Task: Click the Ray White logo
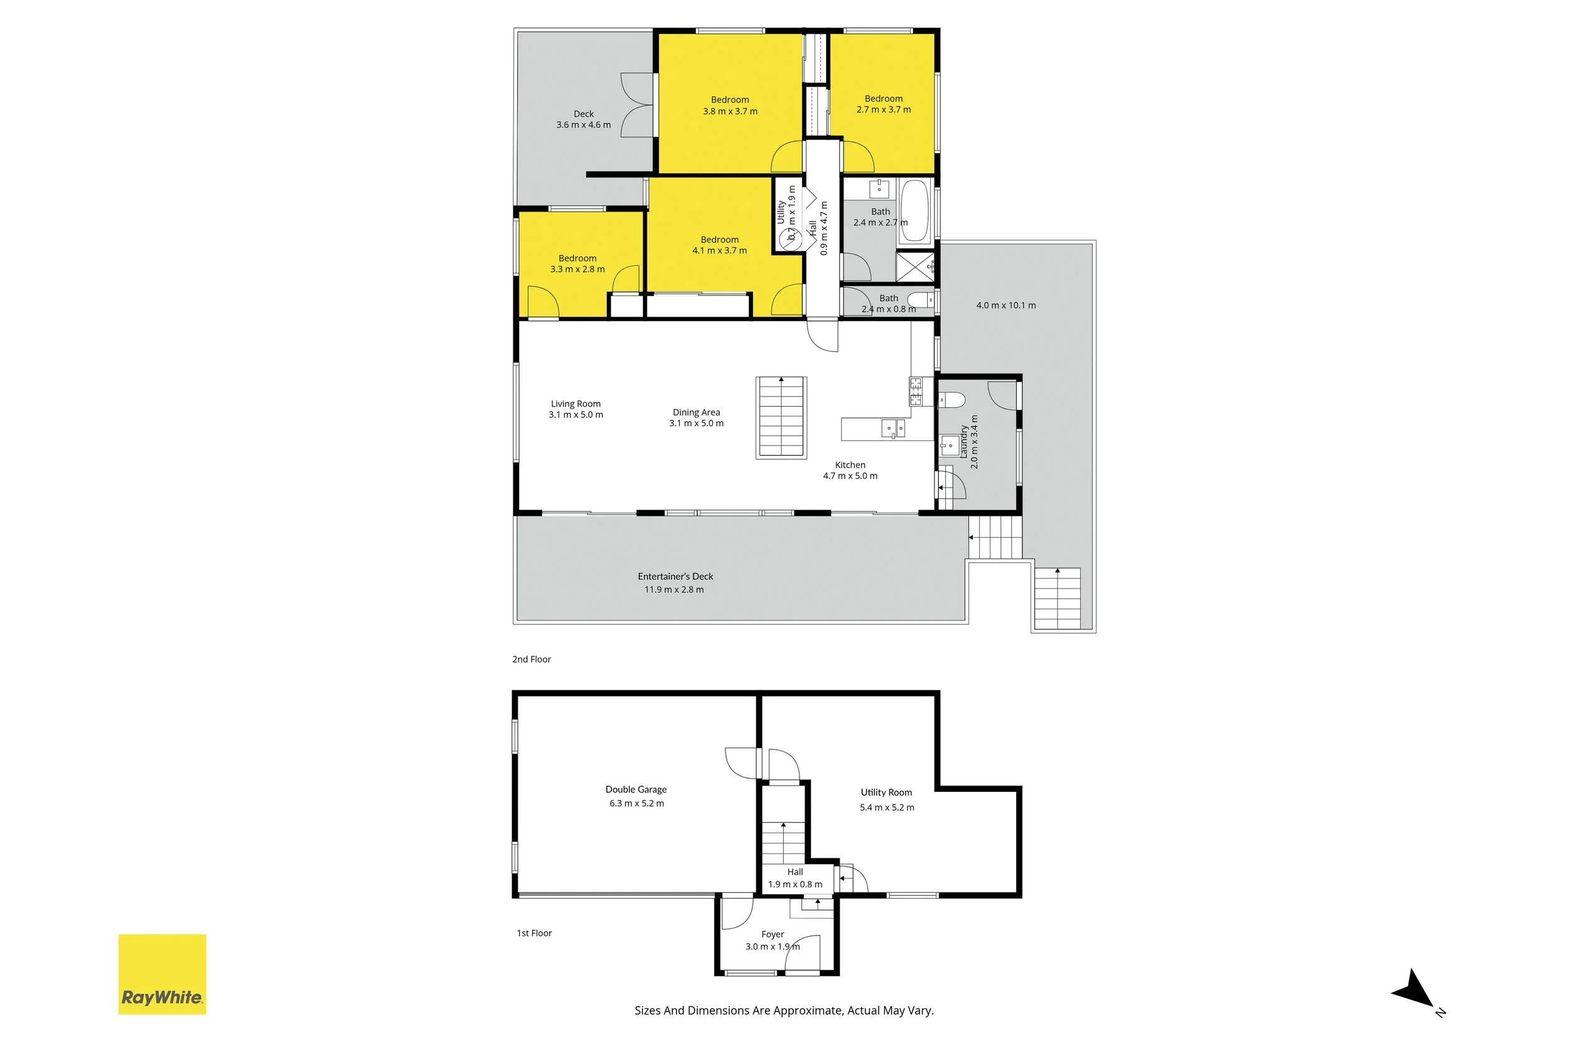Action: pyautogui.click(x=162, y=974)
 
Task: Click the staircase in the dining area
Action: pyautogui.click(x=781, y=419)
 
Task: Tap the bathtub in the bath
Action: pyautogui.click(x=914, y=210)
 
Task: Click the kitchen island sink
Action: pyautogui.click(x=893, y=429)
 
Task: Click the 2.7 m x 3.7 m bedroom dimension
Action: pyautogui.click(x=884, y=109)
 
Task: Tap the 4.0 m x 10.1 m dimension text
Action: pyautogui.click(x=1006, y=306)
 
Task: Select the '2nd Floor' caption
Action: pyautogui.click(x=532, y=659)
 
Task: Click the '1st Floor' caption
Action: pyautogui.click(x=534, y=933)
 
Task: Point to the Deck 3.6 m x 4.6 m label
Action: pyautogui.click(x=584, y=119)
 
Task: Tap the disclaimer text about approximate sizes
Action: pyautogui.click(x=784, y=1011)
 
